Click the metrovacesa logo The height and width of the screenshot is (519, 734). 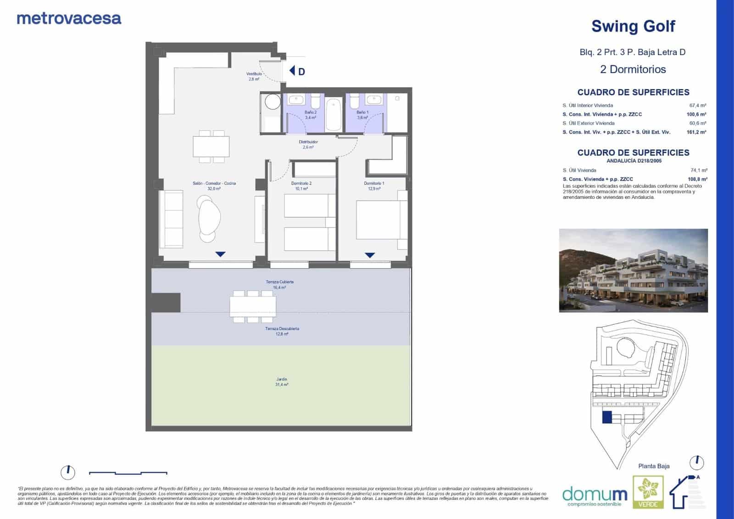click(x=69, y=19)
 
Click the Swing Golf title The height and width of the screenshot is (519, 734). click(x=633, y=26)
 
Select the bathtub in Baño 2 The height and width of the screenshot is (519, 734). click(x=333, y=114)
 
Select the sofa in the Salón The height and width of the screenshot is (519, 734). click(x=171, y=219)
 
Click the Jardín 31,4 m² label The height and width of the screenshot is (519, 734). click(x=282, y=382)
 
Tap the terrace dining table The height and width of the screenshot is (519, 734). click(x=253, y=306)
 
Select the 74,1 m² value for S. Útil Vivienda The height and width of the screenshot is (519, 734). click(x=698, y=170)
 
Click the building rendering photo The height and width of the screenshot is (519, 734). click(x=633, y=271)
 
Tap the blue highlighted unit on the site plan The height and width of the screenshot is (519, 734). click(x=606, y=417)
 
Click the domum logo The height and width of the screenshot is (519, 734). click(x=595, y=495)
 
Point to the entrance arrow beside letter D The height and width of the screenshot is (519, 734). click(x=292, y=71)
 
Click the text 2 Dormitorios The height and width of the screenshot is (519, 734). click(x=633, y=69)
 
